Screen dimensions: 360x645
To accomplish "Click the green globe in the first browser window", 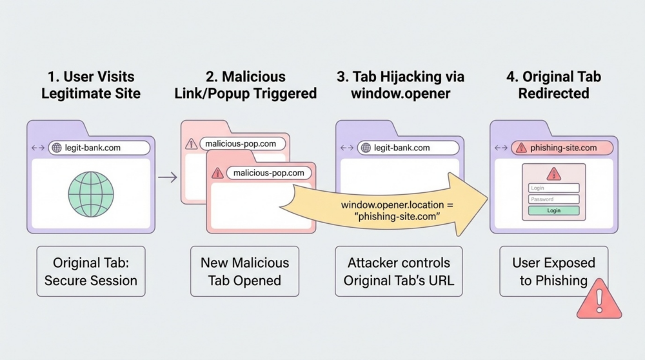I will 91,193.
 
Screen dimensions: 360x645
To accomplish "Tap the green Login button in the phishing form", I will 553,210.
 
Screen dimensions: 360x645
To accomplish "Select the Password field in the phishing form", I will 553,199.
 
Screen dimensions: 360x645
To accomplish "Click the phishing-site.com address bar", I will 562,148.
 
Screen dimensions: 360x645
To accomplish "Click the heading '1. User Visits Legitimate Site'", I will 91,85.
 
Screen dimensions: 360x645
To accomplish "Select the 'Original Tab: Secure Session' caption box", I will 91,271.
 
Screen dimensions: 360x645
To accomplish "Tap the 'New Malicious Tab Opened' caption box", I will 244,271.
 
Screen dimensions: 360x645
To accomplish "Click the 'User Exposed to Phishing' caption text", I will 553,271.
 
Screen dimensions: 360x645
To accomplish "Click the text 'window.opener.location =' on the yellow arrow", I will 397,204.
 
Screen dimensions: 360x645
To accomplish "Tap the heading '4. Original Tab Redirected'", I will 553,85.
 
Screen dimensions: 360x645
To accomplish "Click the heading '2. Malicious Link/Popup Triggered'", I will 245,85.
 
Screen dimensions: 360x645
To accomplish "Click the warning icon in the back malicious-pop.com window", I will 192,144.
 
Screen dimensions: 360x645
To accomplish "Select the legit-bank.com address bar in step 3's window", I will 408,148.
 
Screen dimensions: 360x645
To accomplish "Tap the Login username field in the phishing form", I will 553,188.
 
